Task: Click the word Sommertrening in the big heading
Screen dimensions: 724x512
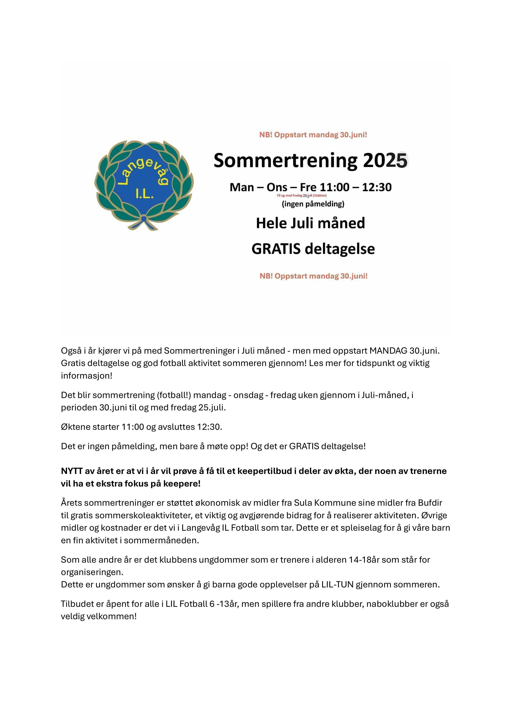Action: pos(285,161)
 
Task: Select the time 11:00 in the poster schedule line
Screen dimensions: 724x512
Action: pos(335,187)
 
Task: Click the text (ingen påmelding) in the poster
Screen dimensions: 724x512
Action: pos(313,204)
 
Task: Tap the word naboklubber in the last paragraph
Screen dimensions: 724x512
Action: pos(392,604)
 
